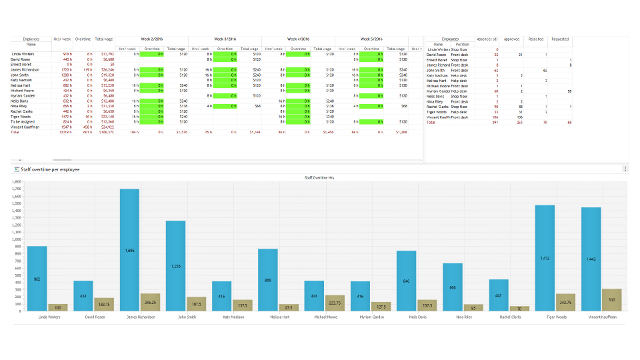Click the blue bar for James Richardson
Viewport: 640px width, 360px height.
pyautogui.click(x=129, y=250)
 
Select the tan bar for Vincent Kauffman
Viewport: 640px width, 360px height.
pyautogui.click(x=611, y=300)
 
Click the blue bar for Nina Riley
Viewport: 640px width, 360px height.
pyautogui.click(x=453, y=287)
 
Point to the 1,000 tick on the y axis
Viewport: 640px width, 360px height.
pyautogui.click(x=17, y=239)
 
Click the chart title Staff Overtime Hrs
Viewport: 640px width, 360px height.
pyautogui.click(x=319, y=178)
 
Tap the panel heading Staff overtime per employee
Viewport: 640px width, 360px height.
pyautogui.click(x=51, y=169)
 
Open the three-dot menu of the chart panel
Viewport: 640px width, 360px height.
pyautogui.click(x=625, y=169)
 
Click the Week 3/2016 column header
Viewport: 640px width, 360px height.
pyautogui.click(x=225, y=39)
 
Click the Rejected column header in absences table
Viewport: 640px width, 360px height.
pyautogui.click(x=535, y=39)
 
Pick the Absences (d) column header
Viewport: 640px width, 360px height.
pyautogui.click(x=487, y=39)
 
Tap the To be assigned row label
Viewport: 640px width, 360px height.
pyautogui.click(x=23, y=122)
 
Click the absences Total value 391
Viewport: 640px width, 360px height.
pyautogui.click(x=495, y=123)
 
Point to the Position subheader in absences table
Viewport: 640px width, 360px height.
pyautogui.click(x=462, y=45)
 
